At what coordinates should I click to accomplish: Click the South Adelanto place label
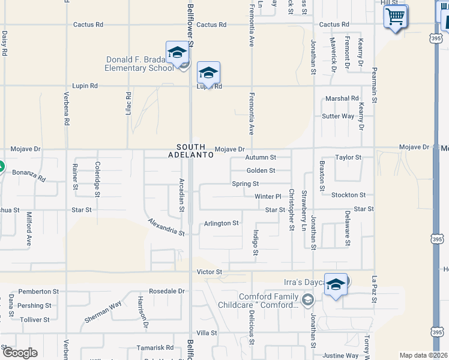tap(195, 151)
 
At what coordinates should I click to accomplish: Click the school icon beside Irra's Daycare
tap(336, 285)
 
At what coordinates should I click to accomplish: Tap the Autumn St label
tap(261, 157)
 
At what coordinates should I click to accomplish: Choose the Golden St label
tap(261, 170)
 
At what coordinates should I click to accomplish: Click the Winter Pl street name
tap(268, 196)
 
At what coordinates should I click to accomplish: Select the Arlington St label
tap(221, 223)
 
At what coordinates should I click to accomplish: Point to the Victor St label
tap(210, 272)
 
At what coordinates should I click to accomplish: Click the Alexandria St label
tap(166, 227)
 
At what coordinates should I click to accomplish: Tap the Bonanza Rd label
tap(29, 175)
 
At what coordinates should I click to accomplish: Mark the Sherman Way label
tap(103, 312)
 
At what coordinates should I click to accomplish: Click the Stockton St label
tap(348, 195)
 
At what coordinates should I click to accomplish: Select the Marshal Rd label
tap(342, 98)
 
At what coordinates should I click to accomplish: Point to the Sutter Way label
tap(338, 116)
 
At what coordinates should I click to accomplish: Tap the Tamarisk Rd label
tap(155, 347)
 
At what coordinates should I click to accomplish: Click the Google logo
tap(19, 353)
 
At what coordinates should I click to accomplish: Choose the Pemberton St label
tap(38, 291)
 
